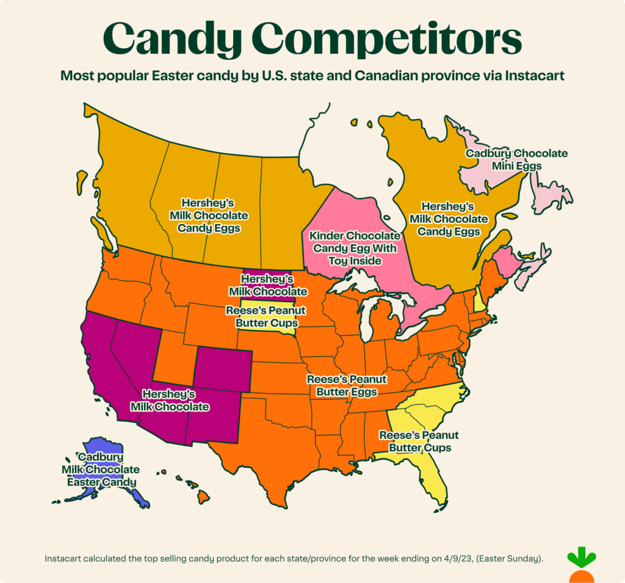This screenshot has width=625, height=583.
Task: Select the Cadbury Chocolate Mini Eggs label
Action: (516, 159)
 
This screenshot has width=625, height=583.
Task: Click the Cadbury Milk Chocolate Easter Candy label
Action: (100, 469)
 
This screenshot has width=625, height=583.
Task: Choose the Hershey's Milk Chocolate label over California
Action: (168, 400)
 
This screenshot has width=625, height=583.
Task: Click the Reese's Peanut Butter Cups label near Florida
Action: (418, 441)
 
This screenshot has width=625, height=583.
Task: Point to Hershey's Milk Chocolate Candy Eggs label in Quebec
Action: (448, 219)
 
